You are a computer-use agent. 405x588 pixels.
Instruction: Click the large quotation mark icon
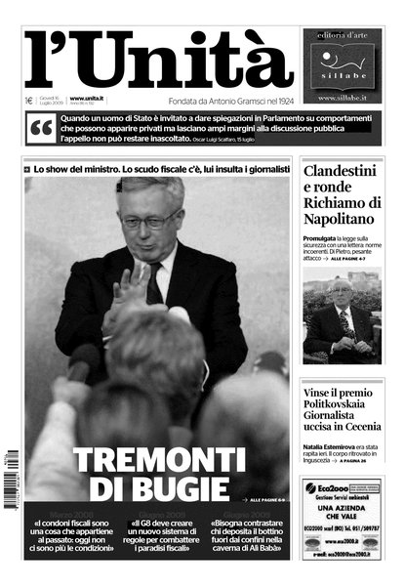pos(42,127)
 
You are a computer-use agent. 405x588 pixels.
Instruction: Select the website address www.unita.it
pos(88,99)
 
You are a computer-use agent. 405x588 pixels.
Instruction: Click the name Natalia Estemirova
pos(333,444)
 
